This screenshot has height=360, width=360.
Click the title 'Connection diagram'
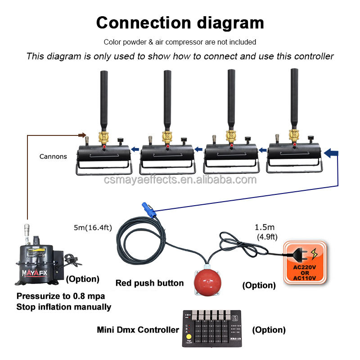pyautogui.click(x=180, y=22)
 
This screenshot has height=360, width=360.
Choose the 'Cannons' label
pyautogui.click(x=53, y=157)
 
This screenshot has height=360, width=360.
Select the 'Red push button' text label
pyautogui.click(x=149, y=283)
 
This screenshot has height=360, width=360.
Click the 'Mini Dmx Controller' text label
pyautogui.click(x=138, y=329)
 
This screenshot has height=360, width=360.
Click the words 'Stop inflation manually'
pyautogui.click(x=64, y=307)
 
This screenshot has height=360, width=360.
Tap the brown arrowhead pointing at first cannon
pyautogui.click(x=82, y=134)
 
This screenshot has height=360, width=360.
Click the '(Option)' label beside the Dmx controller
pyautogui.click(x=269, y=330)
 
